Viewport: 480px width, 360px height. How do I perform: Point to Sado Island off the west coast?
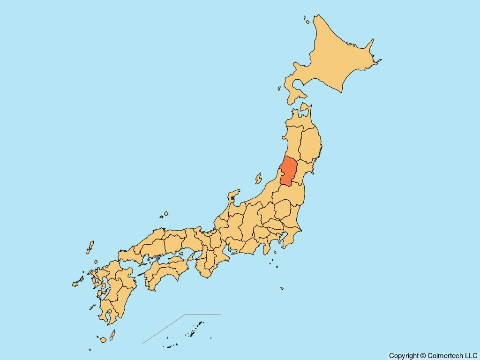click(258, 179)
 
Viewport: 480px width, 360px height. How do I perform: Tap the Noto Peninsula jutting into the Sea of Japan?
click(233, 197)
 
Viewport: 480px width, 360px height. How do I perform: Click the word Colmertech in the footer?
click(446, 356)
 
